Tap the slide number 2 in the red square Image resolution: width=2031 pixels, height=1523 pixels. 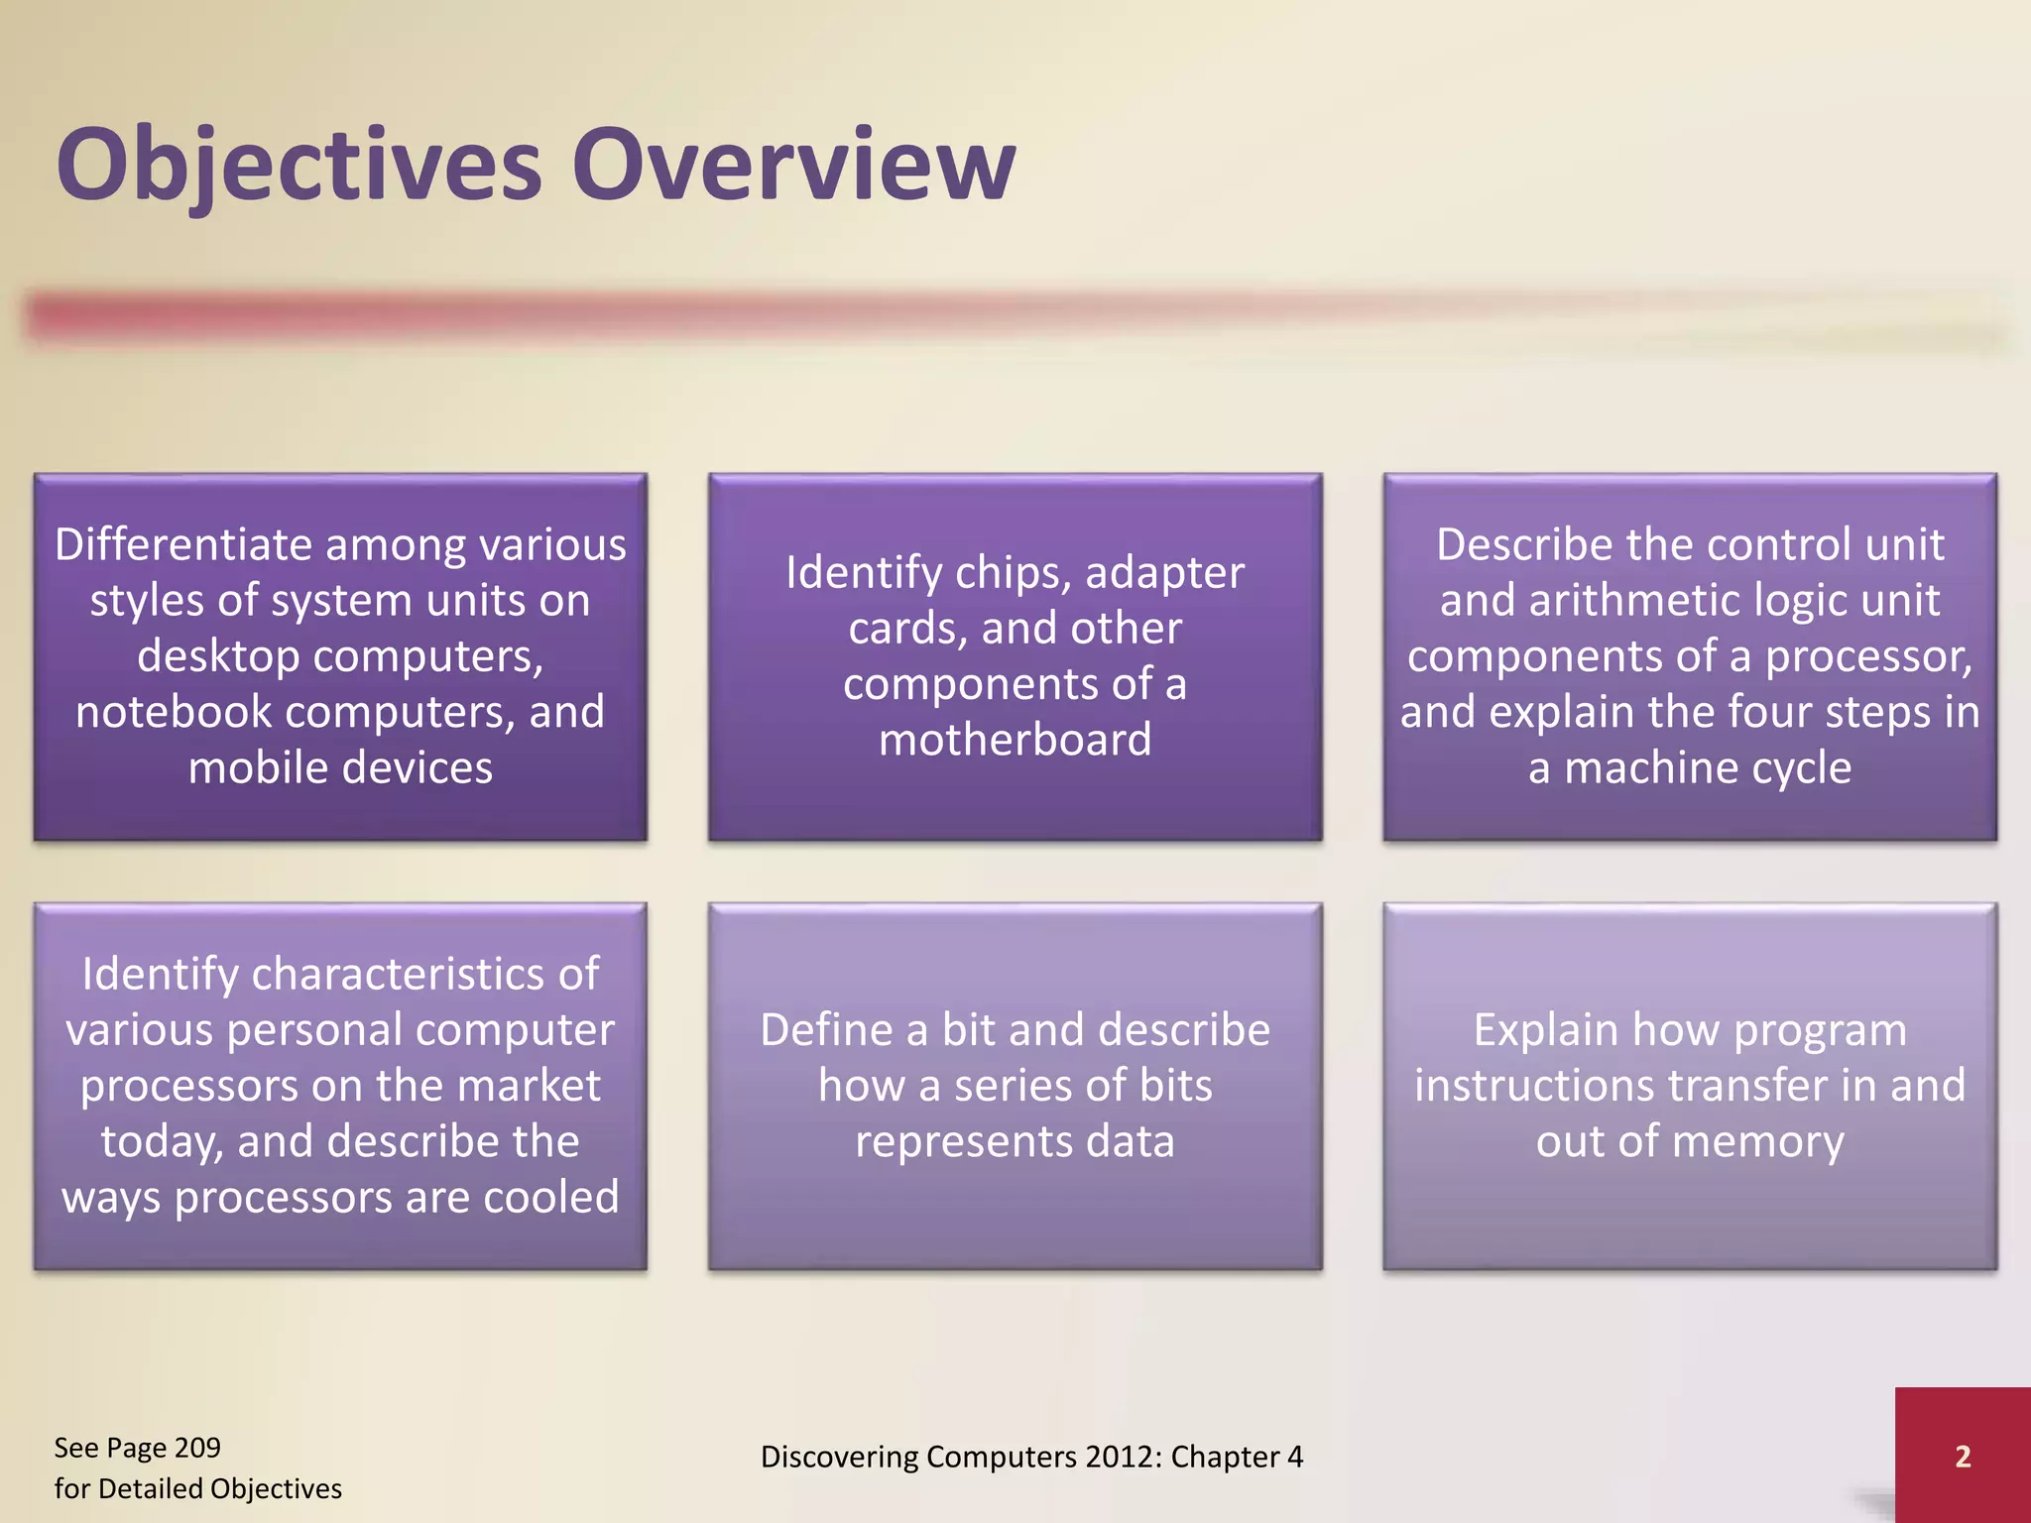(x=1962, y=1457)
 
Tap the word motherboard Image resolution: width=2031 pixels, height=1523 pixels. (x=1015, y=740)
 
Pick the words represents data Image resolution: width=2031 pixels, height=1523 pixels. (x=1015, y=1142)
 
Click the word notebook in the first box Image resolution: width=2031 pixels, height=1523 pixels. (x=173, y=712)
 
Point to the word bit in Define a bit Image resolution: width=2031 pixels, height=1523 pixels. (x=968, y=1030)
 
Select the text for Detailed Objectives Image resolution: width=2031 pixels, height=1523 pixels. (x=197, y=1488)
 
